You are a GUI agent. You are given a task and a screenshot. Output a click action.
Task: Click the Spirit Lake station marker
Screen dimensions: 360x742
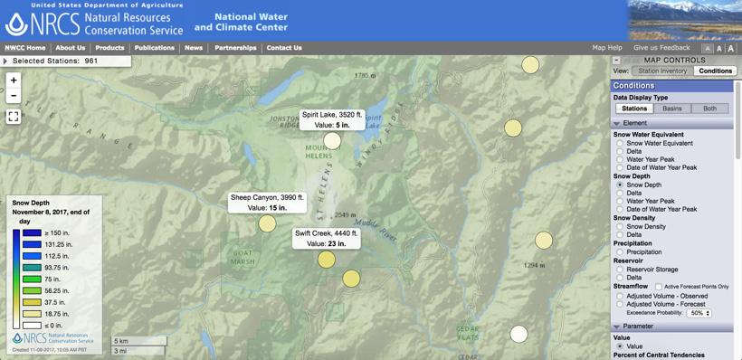click(x=333, y=140)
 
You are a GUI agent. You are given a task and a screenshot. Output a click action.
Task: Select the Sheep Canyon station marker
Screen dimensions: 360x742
click(x=267, y=223)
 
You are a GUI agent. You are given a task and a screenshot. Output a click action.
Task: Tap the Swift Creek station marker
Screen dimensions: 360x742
click(x=327, y=260)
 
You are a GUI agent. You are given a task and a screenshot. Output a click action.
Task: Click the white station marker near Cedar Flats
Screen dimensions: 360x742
click(x=518, y=334)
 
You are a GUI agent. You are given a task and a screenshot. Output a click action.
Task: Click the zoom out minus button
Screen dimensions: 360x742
click(x=14, y=96)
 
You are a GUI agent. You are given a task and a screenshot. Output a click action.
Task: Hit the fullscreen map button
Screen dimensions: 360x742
click(x=14, y=117)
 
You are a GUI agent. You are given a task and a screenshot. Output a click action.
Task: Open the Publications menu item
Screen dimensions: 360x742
click(x=155, y=48)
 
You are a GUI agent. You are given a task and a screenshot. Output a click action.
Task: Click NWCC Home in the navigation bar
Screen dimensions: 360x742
click(x=25, y=48)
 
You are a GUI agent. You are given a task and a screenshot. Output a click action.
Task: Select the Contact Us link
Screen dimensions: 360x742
click(x=284, y=48)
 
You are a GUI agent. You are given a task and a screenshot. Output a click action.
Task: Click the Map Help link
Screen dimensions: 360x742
click(x=607, y=48)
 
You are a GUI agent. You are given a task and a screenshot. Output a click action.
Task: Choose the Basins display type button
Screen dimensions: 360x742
click(x=672, y=109)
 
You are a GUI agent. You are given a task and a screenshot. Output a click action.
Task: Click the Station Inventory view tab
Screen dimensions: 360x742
click(x=662, y=71)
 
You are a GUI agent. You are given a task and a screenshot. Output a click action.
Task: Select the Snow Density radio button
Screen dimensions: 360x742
click(x=620, y=226)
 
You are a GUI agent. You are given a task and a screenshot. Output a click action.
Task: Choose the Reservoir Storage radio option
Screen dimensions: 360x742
click(x=620, y=270)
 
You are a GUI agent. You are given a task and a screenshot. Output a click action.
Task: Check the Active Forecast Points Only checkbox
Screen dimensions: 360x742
click(x=659, y=287)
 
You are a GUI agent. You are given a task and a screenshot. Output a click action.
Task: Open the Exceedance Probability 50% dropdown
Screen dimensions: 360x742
click(x=699, y=313)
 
